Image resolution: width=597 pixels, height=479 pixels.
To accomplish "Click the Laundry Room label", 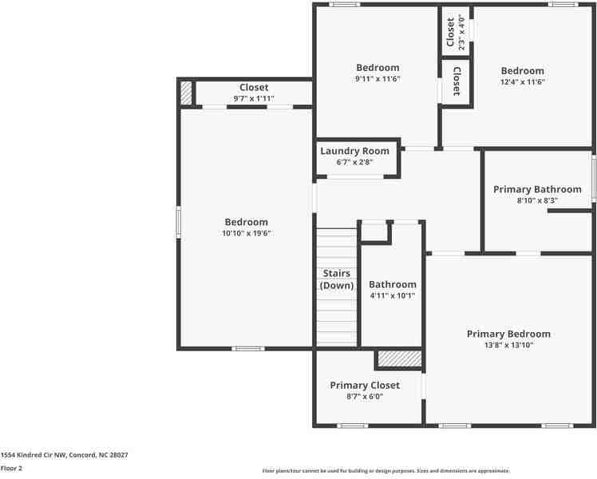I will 354,151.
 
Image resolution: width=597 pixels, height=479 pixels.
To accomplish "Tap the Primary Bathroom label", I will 537,189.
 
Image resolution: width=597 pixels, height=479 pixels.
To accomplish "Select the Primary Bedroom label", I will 508,334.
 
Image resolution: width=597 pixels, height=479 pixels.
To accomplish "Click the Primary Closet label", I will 365,385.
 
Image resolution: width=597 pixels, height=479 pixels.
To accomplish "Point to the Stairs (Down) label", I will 336,279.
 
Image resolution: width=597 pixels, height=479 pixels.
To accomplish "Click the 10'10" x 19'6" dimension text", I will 246,233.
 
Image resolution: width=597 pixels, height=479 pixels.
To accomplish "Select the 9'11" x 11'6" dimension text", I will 378,79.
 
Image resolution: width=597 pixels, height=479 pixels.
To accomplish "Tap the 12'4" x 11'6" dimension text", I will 522,82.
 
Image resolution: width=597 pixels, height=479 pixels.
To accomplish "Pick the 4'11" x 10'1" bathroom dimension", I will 392,295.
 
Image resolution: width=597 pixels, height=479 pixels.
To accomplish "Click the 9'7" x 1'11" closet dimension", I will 254,98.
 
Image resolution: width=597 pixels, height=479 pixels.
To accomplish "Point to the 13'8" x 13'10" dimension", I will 508,345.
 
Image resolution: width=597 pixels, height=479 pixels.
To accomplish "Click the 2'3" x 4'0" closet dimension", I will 461,32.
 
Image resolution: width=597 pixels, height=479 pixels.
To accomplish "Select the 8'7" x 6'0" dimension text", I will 365,396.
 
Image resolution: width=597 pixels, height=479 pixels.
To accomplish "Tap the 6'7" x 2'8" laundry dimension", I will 354,162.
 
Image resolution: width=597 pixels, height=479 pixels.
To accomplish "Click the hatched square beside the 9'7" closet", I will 186,93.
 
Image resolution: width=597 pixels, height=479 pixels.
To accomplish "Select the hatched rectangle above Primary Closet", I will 399,358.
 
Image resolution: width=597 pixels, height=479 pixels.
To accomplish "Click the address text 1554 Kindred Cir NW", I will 64,454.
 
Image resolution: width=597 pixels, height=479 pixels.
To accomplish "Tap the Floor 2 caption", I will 12,468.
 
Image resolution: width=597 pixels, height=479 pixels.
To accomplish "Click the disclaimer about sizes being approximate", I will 385,471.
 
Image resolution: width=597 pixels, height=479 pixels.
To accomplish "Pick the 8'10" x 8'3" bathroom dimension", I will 537,200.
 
